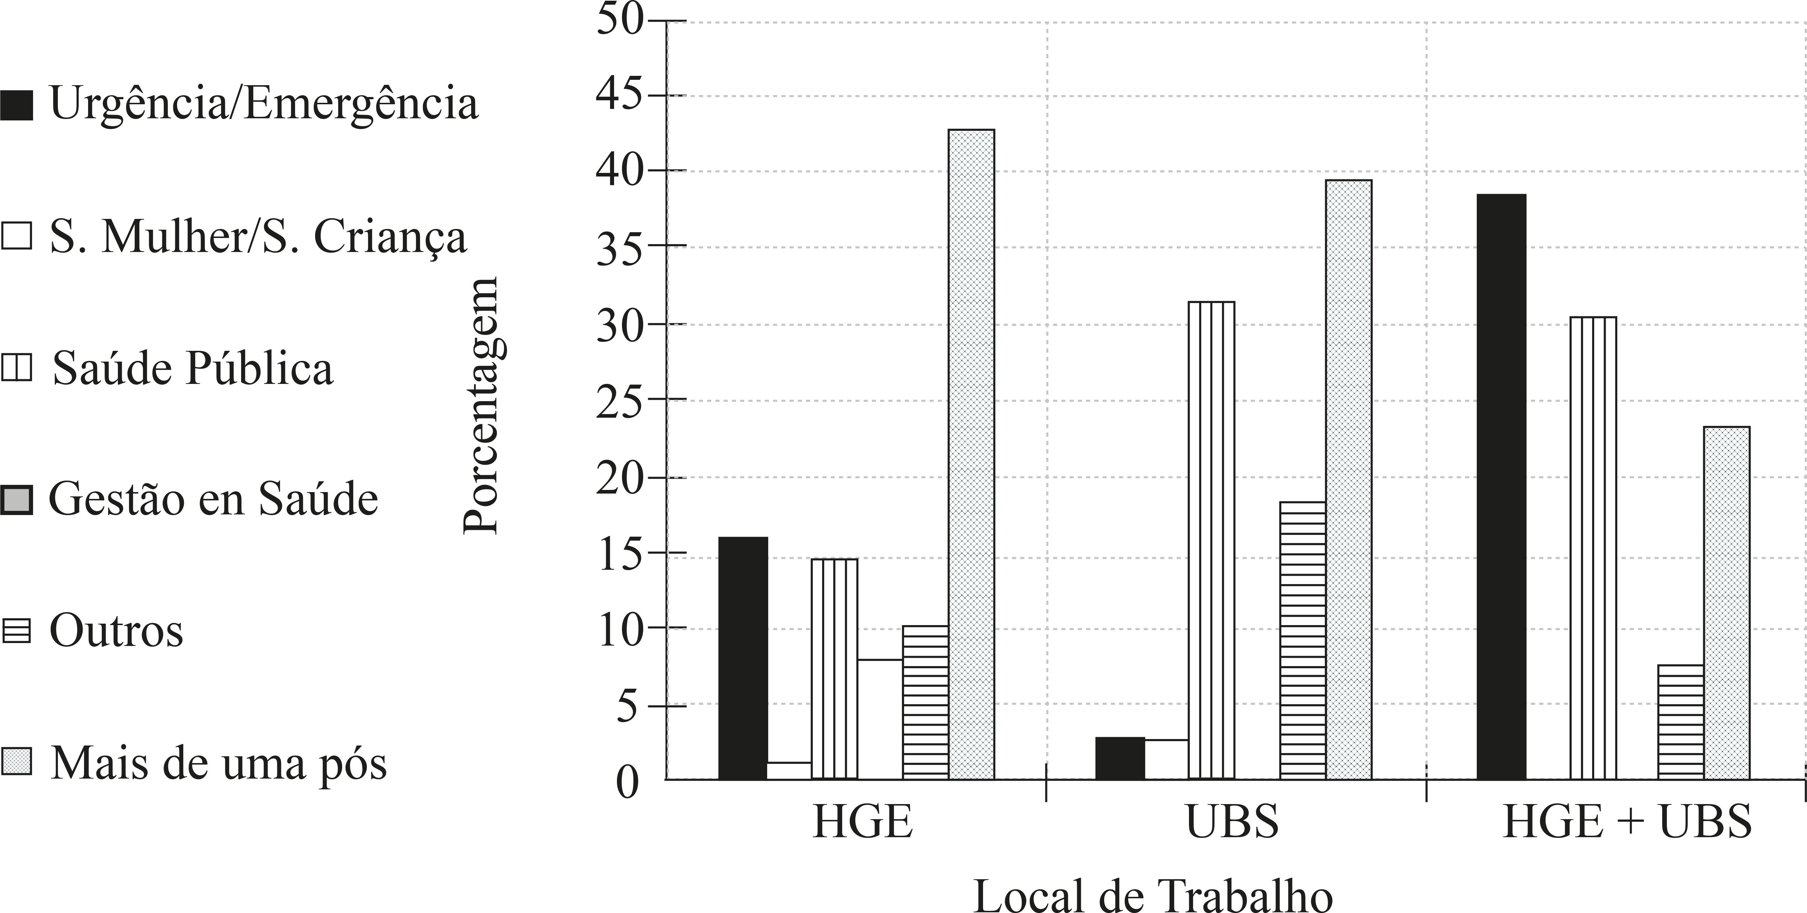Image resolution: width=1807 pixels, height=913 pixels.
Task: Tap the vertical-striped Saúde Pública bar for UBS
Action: [x=1212, y=540]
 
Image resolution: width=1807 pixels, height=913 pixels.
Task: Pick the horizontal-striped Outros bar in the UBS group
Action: [x=1303, y=640]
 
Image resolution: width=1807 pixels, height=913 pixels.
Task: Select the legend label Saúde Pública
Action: [x=193, y=368]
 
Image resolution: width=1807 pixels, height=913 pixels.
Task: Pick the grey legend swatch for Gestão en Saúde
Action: [x=16, y=500]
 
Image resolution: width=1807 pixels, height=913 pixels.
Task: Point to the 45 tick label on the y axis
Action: [x=619, y=96]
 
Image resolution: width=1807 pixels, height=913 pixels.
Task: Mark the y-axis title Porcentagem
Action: [x=481, y=405]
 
